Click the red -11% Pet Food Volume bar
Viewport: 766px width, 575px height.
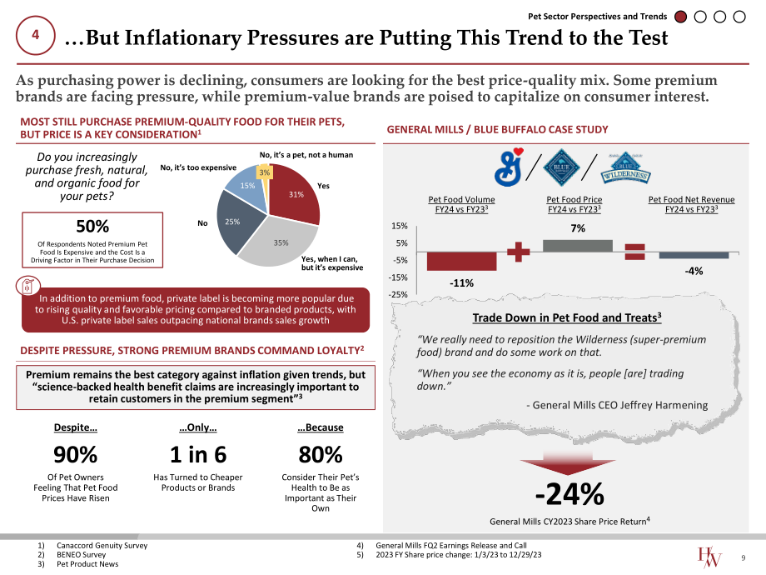(x=461, y=261)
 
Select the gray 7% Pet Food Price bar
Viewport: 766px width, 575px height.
(x=578, y=246)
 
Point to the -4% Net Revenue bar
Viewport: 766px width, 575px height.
(x=694, y=255)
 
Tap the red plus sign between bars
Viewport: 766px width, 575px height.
(x=519, y=252)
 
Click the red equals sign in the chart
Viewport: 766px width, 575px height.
(x=635, y=252)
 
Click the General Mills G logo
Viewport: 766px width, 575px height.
(x=509, y=167)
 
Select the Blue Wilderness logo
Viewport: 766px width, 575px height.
(x=626, y=168)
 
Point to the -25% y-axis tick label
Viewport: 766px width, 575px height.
(x=398, y=294)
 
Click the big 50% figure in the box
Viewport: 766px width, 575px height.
(x=92, y=227)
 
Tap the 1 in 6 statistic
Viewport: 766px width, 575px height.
(x=198, y=455)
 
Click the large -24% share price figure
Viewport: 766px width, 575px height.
(x=570, y=494)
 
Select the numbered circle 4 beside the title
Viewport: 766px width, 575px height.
(x=36, y=35)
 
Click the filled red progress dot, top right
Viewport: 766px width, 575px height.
(x=680, y=17)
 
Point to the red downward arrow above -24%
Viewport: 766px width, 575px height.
(x=568, y=463)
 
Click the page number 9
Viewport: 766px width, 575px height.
(x=744, y=557)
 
